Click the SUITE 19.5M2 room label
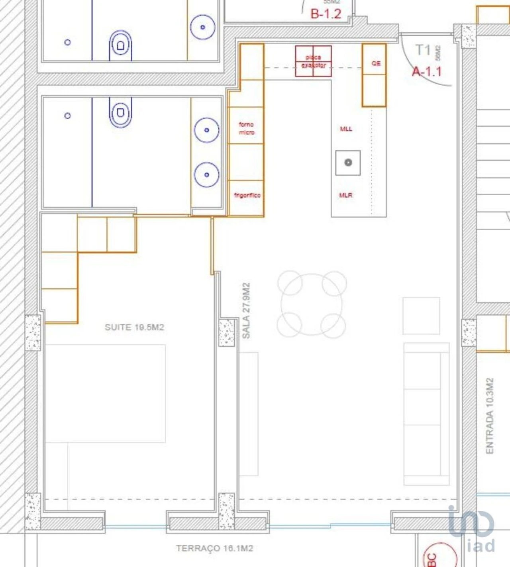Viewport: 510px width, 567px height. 134,327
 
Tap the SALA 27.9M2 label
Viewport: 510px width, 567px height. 246,311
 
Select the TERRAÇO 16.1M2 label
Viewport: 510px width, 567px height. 214,548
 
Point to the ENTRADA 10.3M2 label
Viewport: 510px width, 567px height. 490,416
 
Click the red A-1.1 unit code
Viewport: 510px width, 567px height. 427,72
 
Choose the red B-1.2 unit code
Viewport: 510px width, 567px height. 326,14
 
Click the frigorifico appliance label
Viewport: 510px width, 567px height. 247,195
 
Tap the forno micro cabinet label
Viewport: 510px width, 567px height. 247,128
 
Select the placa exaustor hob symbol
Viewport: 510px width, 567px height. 313,61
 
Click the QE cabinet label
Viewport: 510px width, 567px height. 376,63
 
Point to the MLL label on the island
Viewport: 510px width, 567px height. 346,129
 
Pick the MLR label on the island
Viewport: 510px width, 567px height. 345,195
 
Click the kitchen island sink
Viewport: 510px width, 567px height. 348,163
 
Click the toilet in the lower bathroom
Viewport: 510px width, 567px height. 120,113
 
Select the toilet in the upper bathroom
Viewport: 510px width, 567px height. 120,45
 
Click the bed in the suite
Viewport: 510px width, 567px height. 105,393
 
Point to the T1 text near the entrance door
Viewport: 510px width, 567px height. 423,50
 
